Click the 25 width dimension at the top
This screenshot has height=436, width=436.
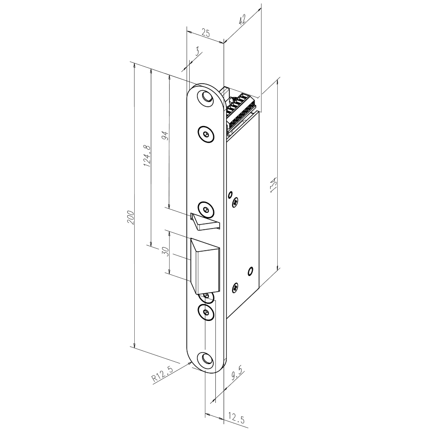pyautogui.click(x=205, y=33)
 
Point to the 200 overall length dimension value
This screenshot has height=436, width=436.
pyautogui.click(x=130, y=218)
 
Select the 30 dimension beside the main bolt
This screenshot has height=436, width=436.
pyautogui.click(x=165, y=253)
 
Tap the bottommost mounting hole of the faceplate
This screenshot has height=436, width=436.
pyautogui.click(x=205, y=358)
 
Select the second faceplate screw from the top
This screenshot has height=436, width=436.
pyautogui.click(x=206, y=135)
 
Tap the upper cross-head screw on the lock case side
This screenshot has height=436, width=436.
pyautogui.click(x=236, y=201)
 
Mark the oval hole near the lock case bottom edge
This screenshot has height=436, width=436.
pyautogui.click(x=250, y=271)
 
